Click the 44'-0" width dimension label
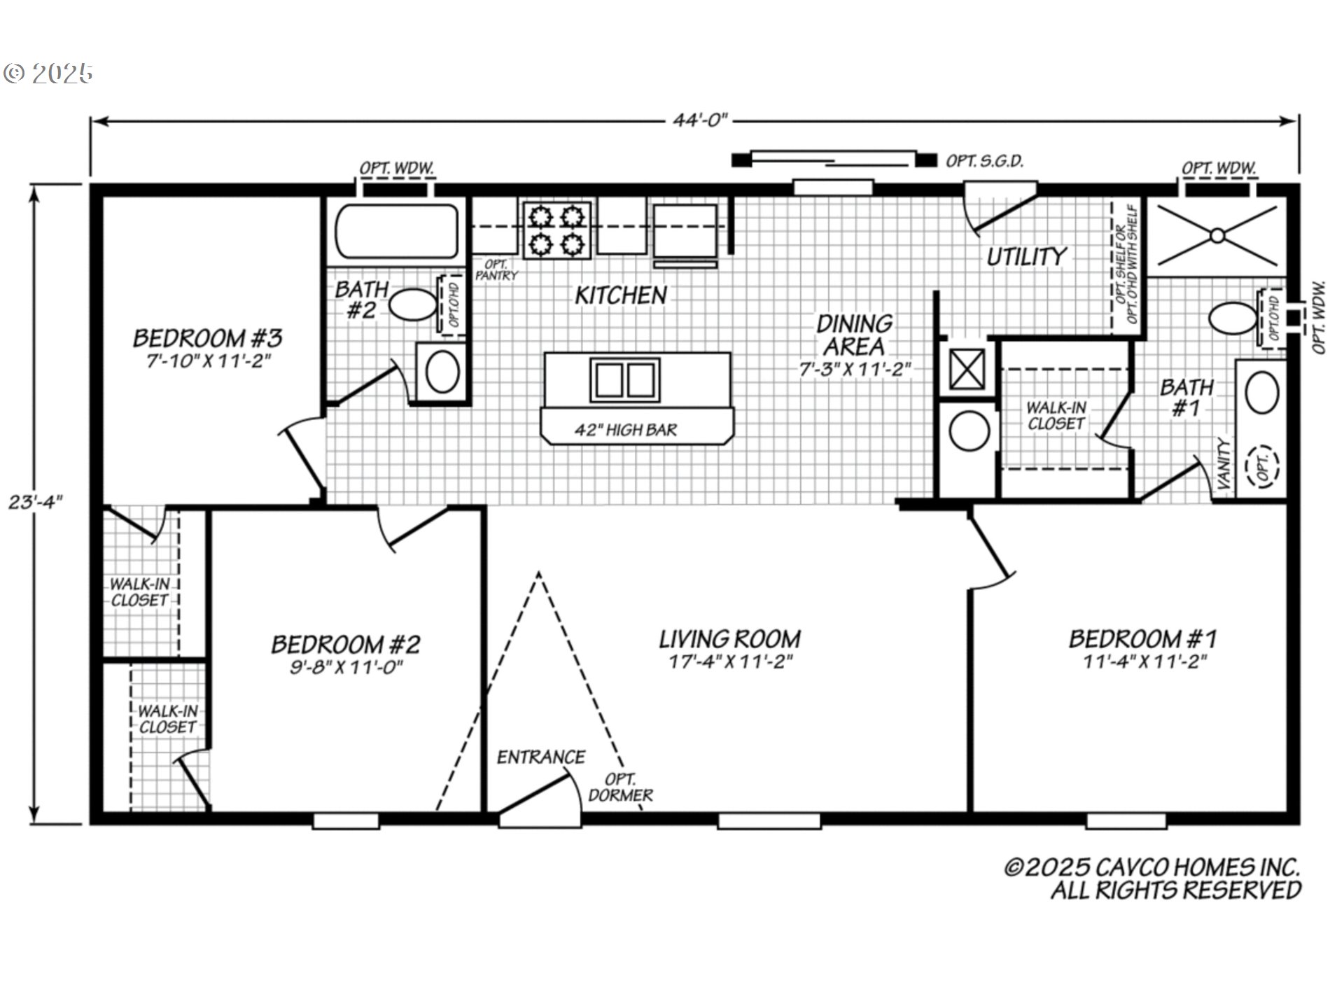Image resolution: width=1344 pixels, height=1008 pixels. pyautogui.click(x=700, y=120)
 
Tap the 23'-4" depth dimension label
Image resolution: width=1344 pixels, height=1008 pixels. pyautogui.click(x=35, y=502)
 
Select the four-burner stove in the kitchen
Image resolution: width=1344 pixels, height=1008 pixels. pyautogui.click(x=556, y=230)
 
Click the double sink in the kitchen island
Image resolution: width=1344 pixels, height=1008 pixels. pyautogui.click(x=625, y=380)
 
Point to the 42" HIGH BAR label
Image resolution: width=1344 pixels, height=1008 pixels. pyautogui.click(x=626, y=430)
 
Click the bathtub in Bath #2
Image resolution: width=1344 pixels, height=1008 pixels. pyautogui.click(x=397, y=232)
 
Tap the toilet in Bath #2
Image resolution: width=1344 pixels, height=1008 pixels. pyautogui.click(x=412, y=305)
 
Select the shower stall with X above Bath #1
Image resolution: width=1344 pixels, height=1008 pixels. pyautogui.click(x=1217, y=236)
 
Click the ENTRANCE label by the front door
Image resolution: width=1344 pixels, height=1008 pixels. pyautogui.click(x=540, y=757)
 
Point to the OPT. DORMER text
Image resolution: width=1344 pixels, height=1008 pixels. pyautogui.click(x=620, y=787)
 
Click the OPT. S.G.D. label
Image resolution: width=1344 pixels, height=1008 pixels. pyautogui.click(x=984, y=161)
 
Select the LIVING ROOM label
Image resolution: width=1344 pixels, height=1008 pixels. pyautogui.click(x=730, y=639)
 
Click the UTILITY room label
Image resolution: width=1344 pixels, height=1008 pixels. pyautogui.click(x=1026, y=257)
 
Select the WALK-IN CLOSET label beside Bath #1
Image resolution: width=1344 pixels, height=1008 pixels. pyautogui.click(x=1056, y=415)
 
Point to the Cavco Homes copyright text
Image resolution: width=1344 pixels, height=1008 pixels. pyautogui.click(x=1153, y=878)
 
